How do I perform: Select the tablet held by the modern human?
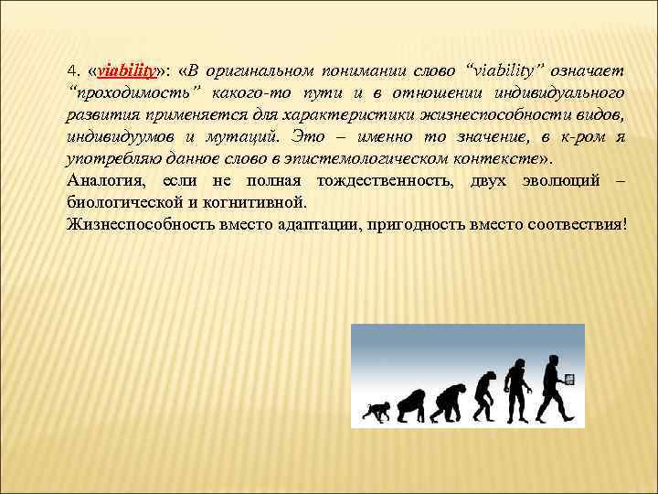569,379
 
